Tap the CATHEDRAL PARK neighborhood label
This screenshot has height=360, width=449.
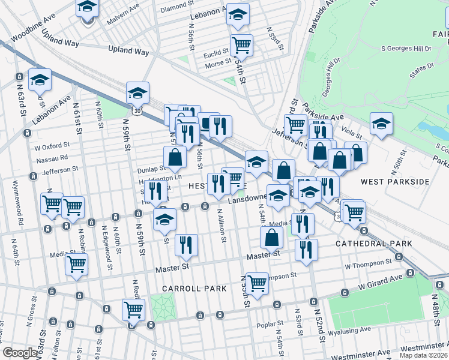pos(373,243)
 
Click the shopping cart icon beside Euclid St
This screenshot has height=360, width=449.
pos(241,45)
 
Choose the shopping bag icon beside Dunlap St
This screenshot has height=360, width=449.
pos(175,158)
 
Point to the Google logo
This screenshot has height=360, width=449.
pos(20,352)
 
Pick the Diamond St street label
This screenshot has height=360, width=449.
pos(174,7)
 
